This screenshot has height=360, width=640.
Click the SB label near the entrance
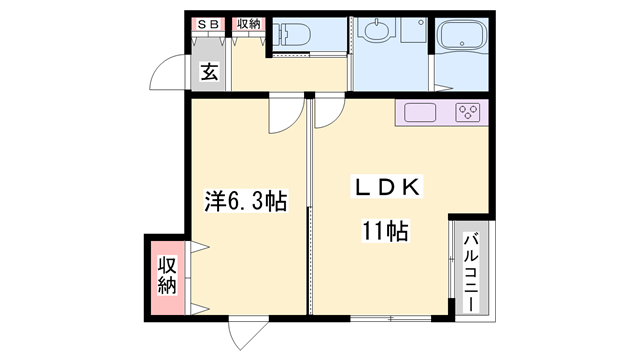click(x=209, y=22)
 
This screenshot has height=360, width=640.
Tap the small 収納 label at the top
click(x=247, y=22)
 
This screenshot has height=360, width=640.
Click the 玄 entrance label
click(x=209, y=71)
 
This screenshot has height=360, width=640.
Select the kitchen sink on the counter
click(x=420, y=112)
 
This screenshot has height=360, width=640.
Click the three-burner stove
click(x=467, y=112)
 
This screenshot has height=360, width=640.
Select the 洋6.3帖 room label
click(x=246, y=200)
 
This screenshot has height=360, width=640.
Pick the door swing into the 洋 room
click(x=282, y=116)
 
